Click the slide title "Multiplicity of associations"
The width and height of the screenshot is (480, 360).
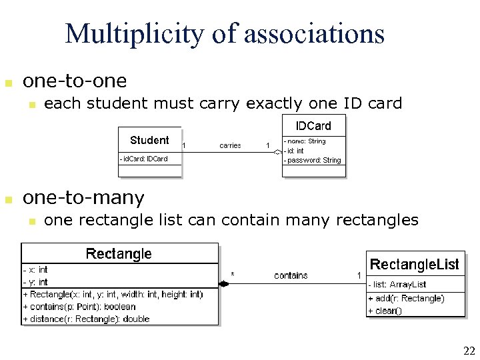(225, 33)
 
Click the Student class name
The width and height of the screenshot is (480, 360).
(149, 140)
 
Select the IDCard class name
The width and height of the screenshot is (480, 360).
(313, 125)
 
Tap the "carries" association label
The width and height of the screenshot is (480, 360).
(230, 145)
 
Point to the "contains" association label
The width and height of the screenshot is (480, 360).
(291, 275)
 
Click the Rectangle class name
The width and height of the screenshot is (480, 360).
(119, 254)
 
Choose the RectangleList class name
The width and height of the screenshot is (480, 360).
(414, 265)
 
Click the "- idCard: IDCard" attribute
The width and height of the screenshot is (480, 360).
(144, 159)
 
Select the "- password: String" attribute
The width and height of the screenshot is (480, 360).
(313, 160)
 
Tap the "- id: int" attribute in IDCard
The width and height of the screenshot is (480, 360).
(295, 151)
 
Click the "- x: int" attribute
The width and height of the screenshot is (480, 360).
(35, 270)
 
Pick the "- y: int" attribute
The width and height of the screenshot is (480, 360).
(35, 282)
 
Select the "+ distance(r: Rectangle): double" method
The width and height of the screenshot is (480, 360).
(87, 319)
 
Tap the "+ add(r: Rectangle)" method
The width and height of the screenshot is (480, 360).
(406, 299)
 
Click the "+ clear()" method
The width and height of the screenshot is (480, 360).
(385, 311)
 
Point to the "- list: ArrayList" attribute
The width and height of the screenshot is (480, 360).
(397, 285)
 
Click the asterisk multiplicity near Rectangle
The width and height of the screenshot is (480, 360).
(233, 274)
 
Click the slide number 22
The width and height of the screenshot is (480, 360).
(468, 351)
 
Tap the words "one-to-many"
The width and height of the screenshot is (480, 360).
(83, 198)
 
